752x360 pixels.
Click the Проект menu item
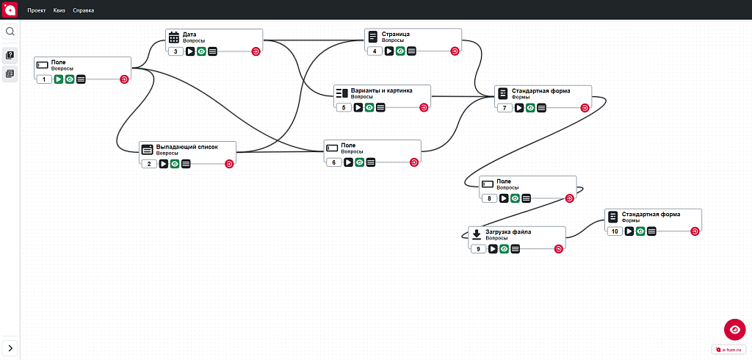click(x=37, y=10)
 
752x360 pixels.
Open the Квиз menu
click(x=59, y=10)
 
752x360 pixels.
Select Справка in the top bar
click(x=83, y=10)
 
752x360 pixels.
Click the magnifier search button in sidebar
click(x=10, y=32)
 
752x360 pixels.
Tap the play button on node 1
click(x=59, y=79)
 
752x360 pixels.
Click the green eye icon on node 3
click(x=201, y=51)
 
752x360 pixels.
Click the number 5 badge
click(x=344, y=107)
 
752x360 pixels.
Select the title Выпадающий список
click(x=187, y=146)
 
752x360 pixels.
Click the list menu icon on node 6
click(x=371, y=162)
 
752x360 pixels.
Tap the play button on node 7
click(x=519, y=108)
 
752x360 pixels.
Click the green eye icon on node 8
click(x=515, y=198)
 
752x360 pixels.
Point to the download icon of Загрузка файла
click(x=476, y=234)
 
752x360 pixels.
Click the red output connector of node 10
click(x=695, y=231)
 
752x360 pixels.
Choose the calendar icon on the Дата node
click(x=174, y=37)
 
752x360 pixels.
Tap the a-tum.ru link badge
click(x=729, y=350)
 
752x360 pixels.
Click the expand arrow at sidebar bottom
click(x=10, y=348)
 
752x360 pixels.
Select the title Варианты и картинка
click(x=381, y=91)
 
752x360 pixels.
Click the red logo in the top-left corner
click(x=10, y=10)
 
